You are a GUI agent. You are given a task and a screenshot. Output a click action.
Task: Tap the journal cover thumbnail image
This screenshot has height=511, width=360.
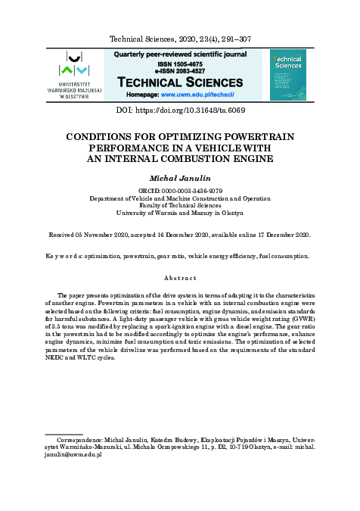tap(287, 75)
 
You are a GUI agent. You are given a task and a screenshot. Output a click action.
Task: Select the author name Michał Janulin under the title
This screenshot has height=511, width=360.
tap(180, 176)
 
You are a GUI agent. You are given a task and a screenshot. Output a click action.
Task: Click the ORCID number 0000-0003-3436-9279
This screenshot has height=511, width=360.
tap(189, 190)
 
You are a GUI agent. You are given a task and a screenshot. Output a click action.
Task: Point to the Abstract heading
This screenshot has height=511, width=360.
tap(180, 278)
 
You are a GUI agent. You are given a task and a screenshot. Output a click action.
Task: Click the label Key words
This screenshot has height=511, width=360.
tap(64, 257)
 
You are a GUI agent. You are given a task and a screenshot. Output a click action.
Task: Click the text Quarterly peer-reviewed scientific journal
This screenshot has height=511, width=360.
tap(180, 55)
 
